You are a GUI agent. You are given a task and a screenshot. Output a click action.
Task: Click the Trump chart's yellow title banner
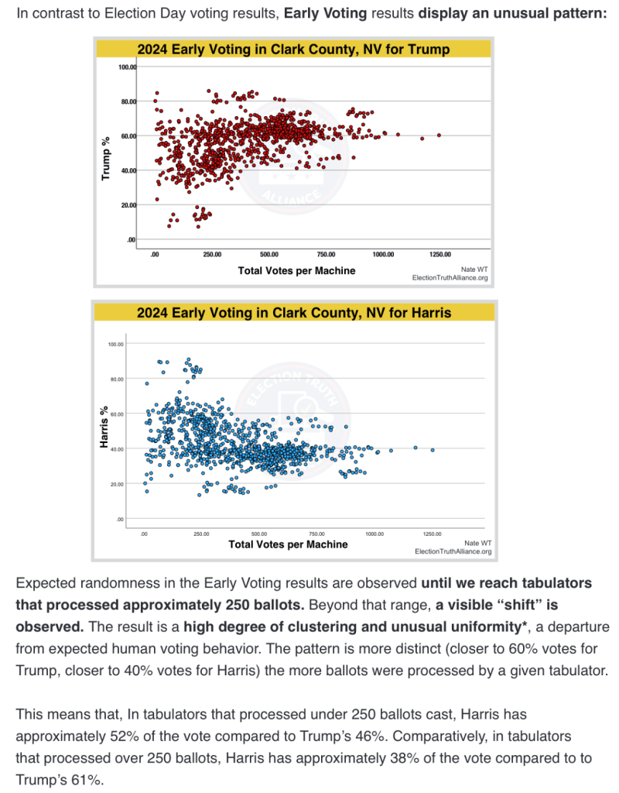point(293,49)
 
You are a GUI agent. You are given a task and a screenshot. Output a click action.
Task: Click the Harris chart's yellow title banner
point(293,312)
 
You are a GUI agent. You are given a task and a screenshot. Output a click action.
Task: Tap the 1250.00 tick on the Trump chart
point(440,254)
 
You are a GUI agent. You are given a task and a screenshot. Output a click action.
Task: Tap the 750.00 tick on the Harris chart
point(316,534)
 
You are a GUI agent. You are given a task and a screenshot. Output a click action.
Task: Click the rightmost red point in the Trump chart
point(439,135)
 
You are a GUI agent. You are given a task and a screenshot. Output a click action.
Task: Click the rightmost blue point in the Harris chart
point(433,450)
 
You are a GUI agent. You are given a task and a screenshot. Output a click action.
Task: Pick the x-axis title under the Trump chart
point(296,269)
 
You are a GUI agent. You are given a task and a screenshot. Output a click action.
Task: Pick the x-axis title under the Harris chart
point(288,544)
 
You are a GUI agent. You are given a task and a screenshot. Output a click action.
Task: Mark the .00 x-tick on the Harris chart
point(145,534)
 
